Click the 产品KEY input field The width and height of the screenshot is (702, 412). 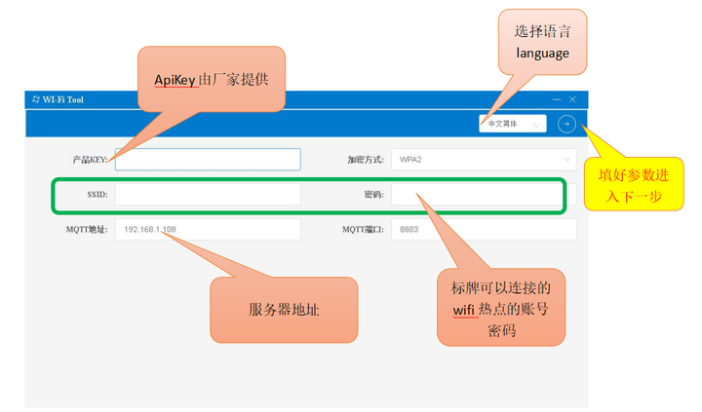(x=208, y=159)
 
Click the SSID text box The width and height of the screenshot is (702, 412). (x=208, y=195)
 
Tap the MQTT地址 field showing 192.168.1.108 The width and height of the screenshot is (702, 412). (x=208, y=230)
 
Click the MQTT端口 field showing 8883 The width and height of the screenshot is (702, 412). (x=483, y=230)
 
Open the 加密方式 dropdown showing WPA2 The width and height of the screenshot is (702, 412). (x=483, y=159)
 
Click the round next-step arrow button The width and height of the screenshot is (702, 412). (x=566, y=124)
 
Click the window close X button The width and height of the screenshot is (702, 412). (x=572, y=99)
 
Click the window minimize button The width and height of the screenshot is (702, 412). (x=557, y=99)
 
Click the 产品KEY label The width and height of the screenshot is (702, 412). (x=90, y=159)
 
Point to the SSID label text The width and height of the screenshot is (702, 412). (x=97, y=195)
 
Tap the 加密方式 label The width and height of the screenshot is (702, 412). (x=365, y=159)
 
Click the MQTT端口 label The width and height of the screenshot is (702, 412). (x=363, y=230)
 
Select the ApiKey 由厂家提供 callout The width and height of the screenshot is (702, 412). (x=212, y=79)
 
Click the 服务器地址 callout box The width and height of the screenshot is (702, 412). (x=283, y=310)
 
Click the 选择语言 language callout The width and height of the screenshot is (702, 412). (x=542, y=42)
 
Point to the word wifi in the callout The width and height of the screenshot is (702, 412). (x=463, y=310)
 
